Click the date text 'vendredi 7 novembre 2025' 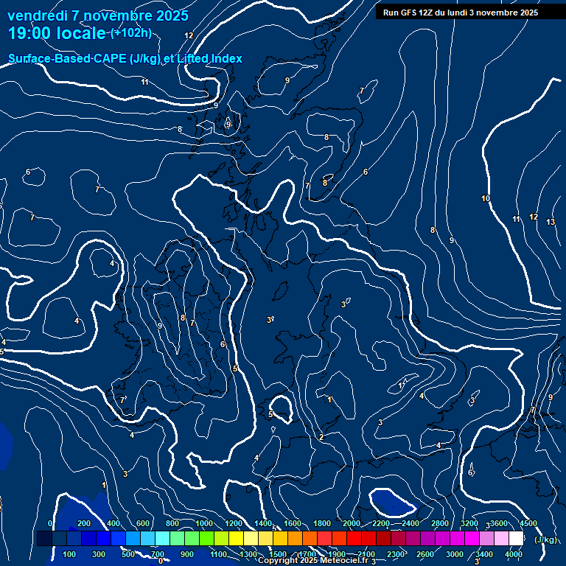pos(98,15)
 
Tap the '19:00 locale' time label pos(57,33)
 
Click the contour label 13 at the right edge pos(551,222)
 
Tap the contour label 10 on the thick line pos(486,198)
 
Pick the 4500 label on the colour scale pos(528,523)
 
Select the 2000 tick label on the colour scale pos(352,523)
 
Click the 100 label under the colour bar pos(70,554)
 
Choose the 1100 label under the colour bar pos(218,554)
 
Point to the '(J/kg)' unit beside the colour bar pos(545,539)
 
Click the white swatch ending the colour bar pos(516,539)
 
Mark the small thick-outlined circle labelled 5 pos(280,407)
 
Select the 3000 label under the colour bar pos(455,554)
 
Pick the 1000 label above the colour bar pos(203,523)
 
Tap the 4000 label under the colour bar pos(514,554)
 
